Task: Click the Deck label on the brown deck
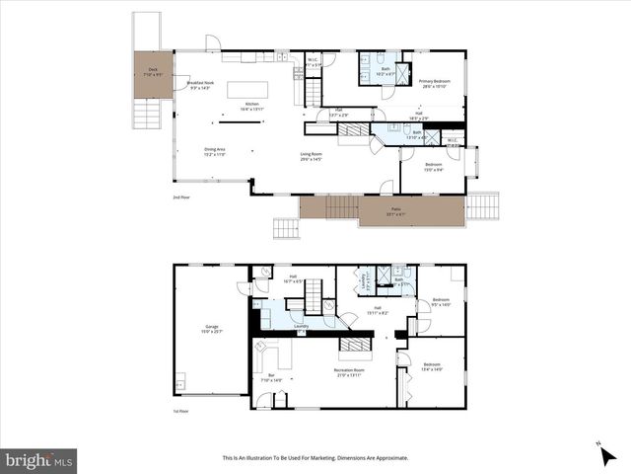tap(153, 71)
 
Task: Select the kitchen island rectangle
tap(246, 89)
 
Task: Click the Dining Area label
tap(187, 152)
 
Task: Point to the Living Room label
tap(315, 156)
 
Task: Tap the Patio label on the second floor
tap(397, 211)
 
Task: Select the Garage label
tap(211, 328)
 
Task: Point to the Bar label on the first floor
tap(270, 377)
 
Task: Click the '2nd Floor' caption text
tap(181, 198)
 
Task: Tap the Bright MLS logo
tap(39, 460)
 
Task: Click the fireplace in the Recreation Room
tap(352, 344)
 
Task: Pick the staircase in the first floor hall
tap(314, 295)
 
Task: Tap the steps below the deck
tap(146, 115)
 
